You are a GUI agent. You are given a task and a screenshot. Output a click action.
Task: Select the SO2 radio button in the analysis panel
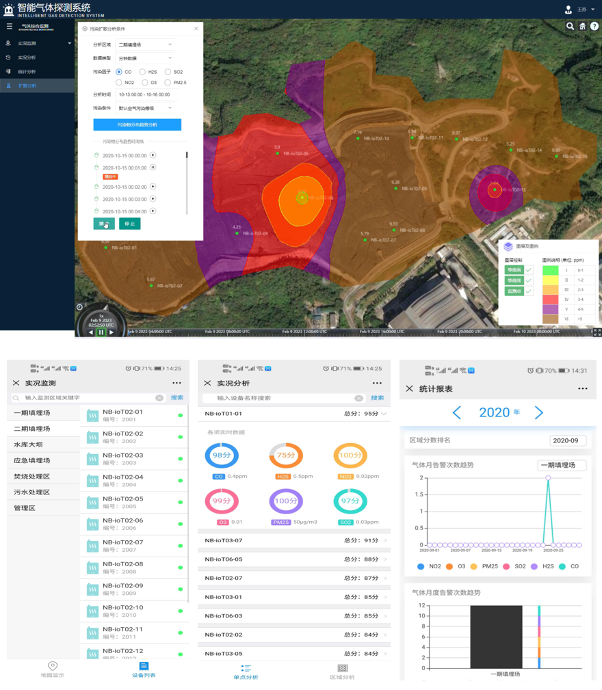168,72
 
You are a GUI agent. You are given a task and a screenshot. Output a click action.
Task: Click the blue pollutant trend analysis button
137,124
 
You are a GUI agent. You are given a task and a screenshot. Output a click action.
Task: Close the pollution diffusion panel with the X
196,29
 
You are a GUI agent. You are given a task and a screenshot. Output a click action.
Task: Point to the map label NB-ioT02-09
414,189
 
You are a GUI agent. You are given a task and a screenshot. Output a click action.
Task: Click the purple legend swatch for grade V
550,310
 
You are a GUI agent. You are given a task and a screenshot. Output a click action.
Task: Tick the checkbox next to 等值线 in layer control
529,280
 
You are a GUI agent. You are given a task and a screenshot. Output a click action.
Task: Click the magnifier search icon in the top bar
570,26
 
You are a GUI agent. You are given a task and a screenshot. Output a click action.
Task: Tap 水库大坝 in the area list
28,444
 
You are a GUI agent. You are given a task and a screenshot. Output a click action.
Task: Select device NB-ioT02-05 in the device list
123,499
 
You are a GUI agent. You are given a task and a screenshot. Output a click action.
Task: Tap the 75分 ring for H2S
286,455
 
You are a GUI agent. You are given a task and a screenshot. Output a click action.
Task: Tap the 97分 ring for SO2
350,501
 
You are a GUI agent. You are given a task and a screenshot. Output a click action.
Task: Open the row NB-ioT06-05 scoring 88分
294,559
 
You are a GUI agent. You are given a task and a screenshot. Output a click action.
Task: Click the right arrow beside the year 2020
539,412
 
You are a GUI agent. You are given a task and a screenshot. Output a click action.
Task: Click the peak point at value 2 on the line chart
548,478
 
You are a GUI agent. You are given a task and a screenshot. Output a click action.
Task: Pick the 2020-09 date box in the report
568,441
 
